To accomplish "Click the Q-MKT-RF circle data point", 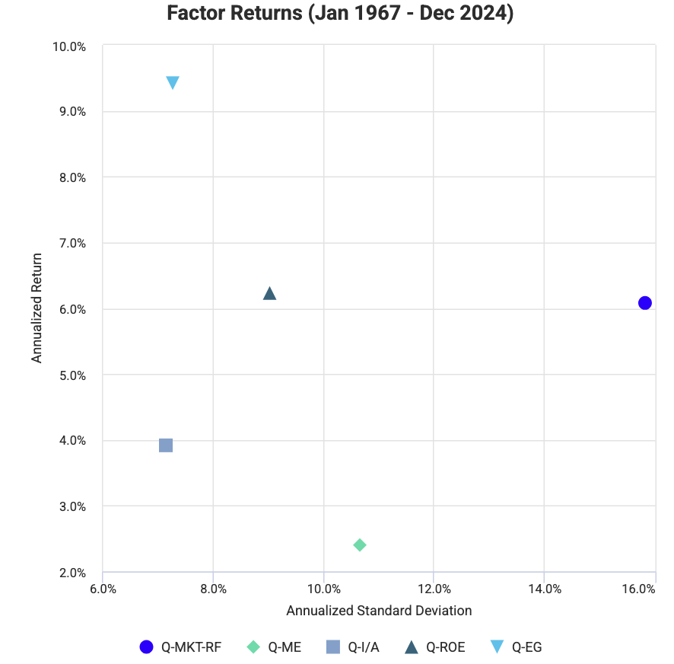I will (x=645, y=303).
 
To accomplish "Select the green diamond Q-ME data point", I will (x=360, y=545).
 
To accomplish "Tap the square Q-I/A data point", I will (x=166, y=445).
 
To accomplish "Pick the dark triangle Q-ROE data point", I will (x=269, y=294).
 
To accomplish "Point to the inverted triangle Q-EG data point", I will (x=173, y=82).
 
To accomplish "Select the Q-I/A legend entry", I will (x=353, y=647).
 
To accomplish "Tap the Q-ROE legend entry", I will (x=434, y=647).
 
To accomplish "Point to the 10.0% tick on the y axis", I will (x=69, y=46).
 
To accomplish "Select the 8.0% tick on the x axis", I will (x=214, y=589).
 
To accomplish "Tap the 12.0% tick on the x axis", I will (x=434, y=589).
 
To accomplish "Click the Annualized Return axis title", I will (x=37, y=308).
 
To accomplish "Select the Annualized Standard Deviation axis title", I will (x=379, y=611).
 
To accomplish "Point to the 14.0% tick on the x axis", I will (x=545, y=589).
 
